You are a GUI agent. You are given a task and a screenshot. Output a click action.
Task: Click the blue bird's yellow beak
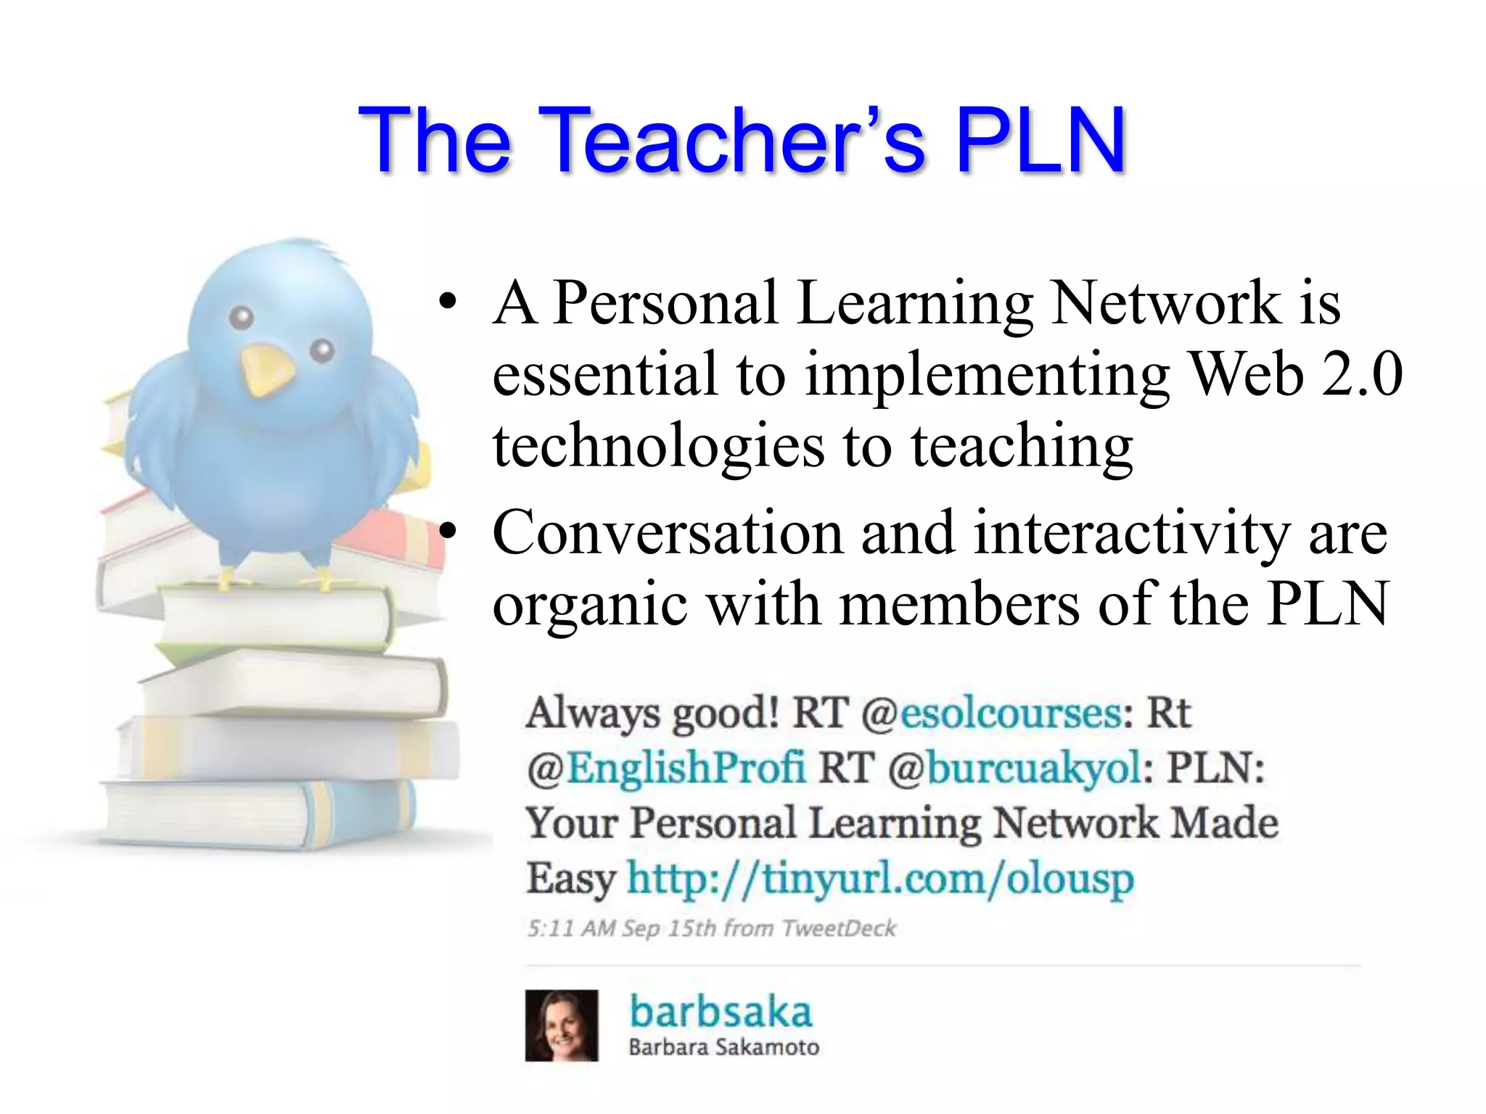[266, 369]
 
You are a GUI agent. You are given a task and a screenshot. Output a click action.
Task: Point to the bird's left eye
[242, 318]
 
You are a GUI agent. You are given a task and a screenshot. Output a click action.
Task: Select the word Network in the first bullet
[1166, 302]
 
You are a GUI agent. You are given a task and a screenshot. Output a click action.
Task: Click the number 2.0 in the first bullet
[1361, 374]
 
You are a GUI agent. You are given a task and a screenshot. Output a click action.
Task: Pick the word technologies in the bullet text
[658, 447]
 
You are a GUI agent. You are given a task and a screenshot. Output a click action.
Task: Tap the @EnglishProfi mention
[666, 768]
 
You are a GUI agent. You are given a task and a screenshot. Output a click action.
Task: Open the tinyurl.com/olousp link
[879, 879]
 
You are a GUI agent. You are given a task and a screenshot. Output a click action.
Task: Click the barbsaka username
[720, 1012]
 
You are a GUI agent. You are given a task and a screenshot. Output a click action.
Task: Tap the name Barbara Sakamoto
[723, 1047]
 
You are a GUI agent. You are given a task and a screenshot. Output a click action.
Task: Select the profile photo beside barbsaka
[562, 1026]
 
